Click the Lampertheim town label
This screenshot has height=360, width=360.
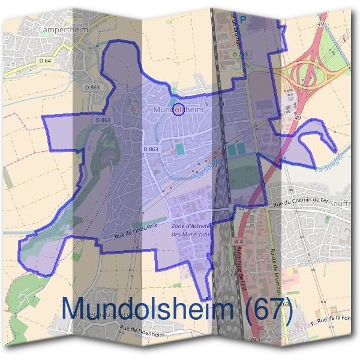point(59,28)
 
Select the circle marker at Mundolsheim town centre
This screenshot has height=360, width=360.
point(178,109)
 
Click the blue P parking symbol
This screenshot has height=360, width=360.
point(243,19)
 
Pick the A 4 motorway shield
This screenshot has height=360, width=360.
point(239,242)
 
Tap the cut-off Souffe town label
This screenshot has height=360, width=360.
point(348,204)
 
